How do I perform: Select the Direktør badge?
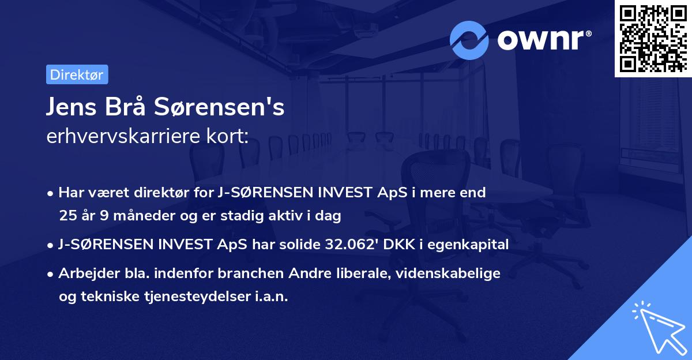pos(77,74)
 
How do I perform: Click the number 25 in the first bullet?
pos(67,216)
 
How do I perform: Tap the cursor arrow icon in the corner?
pos(658,326)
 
